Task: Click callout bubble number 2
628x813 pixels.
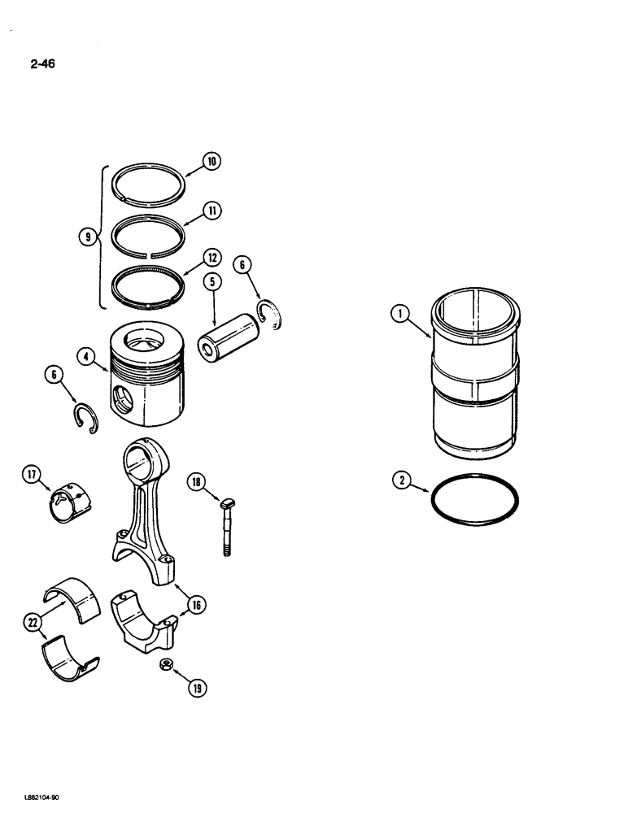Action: point(402,481)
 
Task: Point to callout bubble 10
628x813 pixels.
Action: point(212,161)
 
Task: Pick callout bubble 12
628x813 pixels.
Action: point(212,259)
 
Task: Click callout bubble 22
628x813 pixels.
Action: point(32,622)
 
